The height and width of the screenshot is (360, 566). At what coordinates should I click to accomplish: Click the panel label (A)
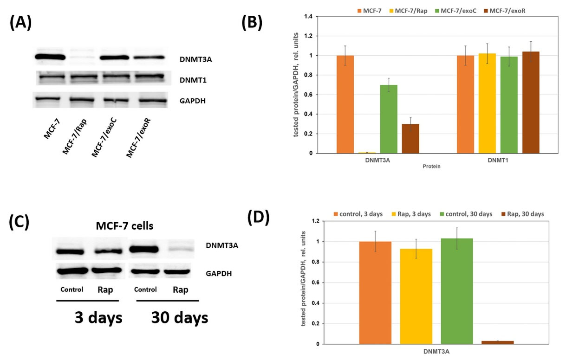coord(20,23)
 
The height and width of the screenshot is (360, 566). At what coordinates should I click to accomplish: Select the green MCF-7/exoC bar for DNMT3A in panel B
coord(389,119)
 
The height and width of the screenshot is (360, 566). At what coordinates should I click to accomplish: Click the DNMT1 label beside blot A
coord(193,80)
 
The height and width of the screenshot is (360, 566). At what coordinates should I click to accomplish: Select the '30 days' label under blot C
coord(179,318)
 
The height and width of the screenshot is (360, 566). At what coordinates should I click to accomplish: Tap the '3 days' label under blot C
coord(98,318)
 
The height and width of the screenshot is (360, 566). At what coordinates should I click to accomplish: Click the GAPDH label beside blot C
coord(219,274)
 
